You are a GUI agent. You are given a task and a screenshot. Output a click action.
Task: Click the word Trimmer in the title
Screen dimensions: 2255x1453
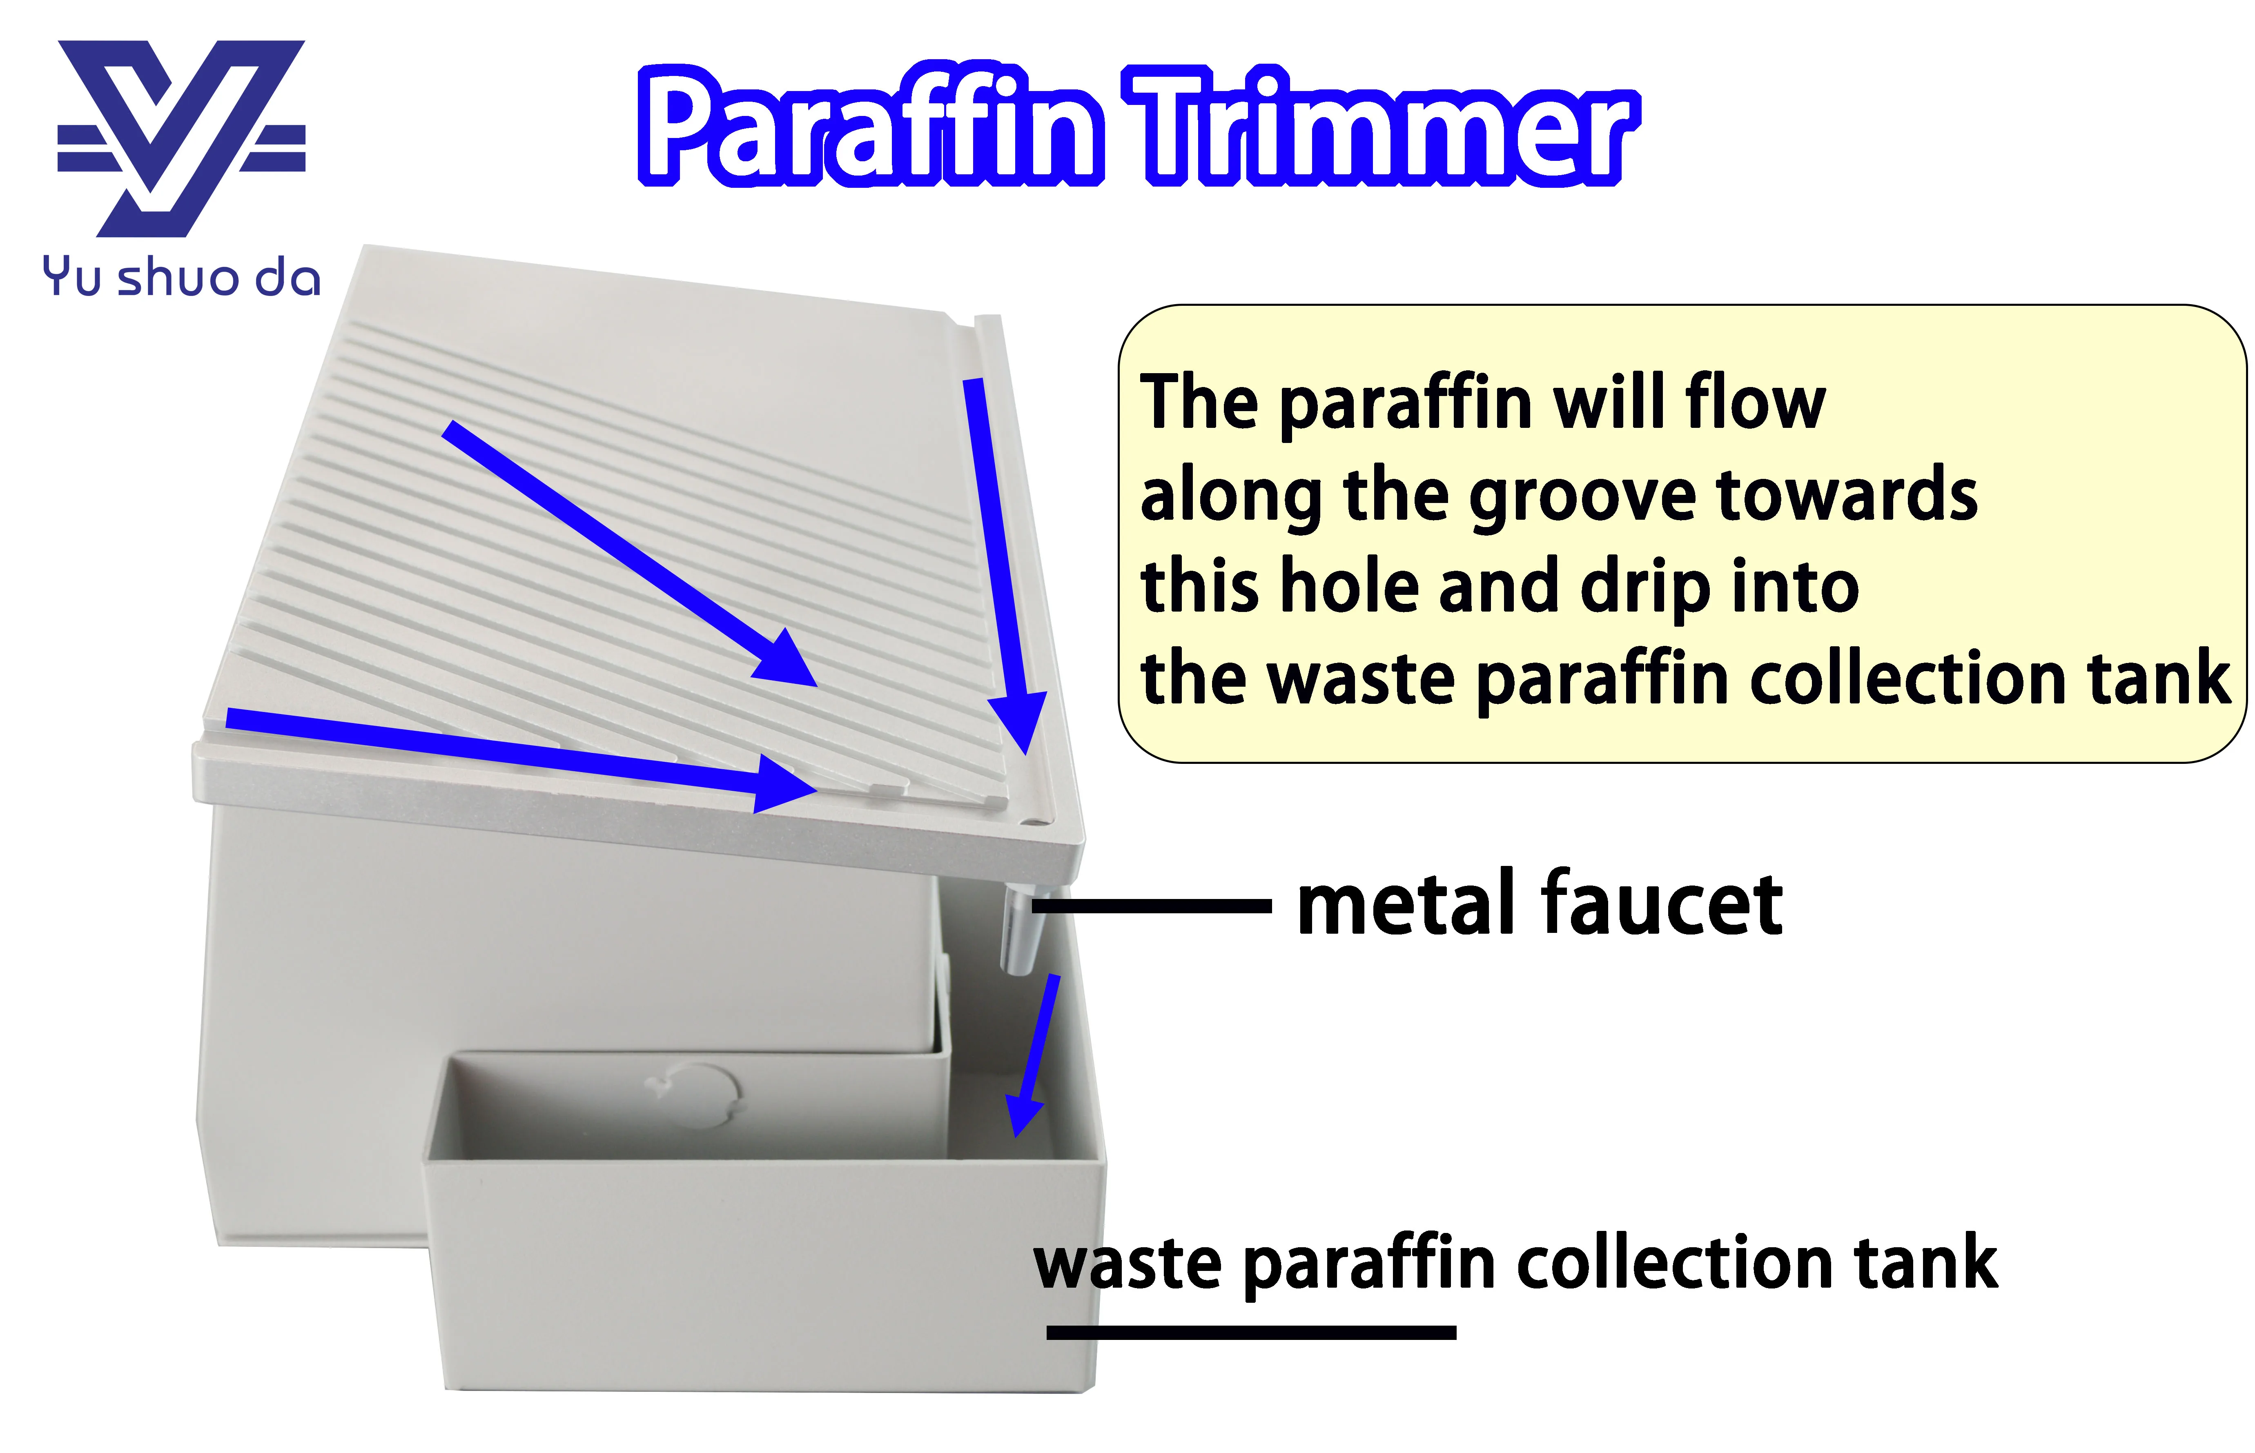point(1382,127)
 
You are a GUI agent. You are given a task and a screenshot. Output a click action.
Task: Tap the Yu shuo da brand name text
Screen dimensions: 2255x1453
point(181,278)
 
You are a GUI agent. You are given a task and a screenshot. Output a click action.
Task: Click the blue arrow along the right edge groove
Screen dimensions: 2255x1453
point(1000,566)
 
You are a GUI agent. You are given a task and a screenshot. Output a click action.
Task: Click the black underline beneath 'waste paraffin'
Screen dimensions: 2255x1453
point(1250,1332)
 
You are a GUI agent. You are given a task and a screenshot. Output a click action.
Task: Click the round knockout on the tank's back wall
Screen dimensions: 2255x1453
point(698,1095)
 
